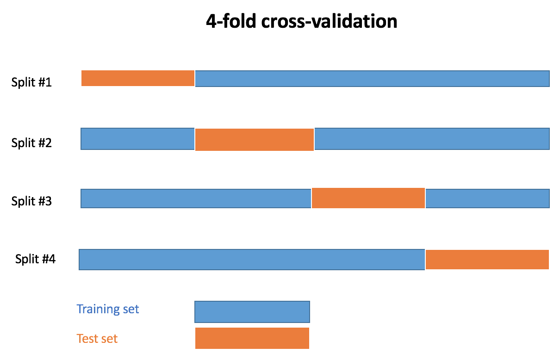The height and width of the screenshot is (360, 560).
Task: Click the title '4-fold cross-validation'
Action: point(301,22)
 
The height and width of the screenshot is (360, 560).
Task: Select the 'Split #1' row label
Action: point(31,82)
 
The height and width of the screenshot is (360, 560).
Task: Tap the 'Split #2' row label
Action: point(31,143)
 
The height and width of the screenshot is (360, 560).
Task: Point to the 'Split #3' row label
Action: point(31,201)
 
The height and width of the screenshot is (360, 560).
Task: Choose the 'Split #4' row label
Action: point(35,259)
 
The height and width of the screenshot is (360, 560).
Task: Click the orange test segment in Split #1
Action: point(138,78)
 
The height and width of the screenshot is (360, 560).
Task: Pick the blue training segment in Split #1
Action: point(372,79)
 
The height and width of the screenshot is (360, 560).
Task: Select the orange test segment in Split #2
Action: point(255,139)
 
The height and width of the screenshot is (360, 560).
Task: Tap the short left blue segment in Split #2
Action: point(137,139)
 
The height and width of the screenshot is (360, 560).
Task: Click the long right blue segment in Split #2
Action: point(432,139)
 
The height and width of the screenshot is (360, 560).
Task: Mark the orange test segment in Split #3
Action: point(368,198)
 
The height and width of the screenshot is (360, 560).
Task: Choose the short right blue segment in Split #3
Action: point(487,199)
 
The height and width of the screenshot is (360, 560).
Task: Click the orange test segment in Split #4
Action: point(487,260)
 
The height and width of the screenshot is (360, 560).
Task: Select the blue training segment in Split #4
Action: point(252,260)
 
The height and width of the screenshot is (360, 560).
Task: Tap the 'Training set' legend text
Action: point(107,309)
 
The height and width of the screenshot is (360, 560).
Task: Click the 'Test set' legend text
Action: point(97,339)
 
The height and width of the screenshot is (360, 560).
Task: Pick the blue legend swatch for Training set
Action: point(252,312)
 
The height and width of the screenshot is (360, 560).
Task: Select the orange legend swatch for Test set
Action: point(252,338)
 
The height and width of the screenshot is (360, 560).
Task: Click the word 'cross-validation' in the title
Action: point(329,22)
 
